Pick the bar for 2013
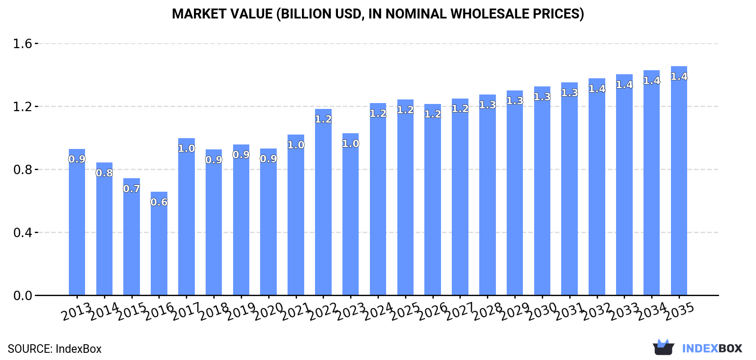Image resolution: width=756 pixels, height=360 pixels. (77, 222)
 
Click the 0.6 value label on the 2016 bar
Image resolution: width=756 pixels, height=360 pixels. (159, 202)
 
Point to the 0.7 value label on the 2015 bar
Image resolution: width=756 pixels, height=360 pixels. (131, 189)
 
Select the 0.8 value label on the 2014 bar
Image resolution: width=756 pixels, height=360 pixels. (104, 173)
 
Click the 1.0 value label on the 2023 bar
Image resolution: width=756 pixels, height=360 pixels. (351, 144)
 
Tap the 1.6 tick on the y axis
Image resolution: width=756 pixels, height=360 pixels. (22, 44)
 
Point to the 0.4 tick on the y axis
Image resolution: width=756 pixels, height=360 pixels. (22, 233)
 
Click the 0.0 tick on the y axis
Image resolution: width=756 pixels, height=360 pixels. (22, 296)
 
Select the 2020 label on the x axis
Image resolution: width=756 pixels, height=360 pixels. (269, 311)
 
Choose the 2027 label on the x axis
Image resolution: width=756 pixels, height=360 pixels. (460, 311)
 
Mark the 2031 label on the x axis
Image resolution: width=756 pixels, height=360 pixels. (570, 311)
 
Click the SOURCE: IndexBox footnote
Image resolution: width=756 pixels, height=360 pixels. (54, 349)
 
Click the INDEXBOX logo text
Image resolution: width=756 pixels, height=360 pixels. (712, 348)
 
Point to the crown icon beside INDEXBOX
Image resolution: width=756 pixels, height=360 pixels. (663, 347)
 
